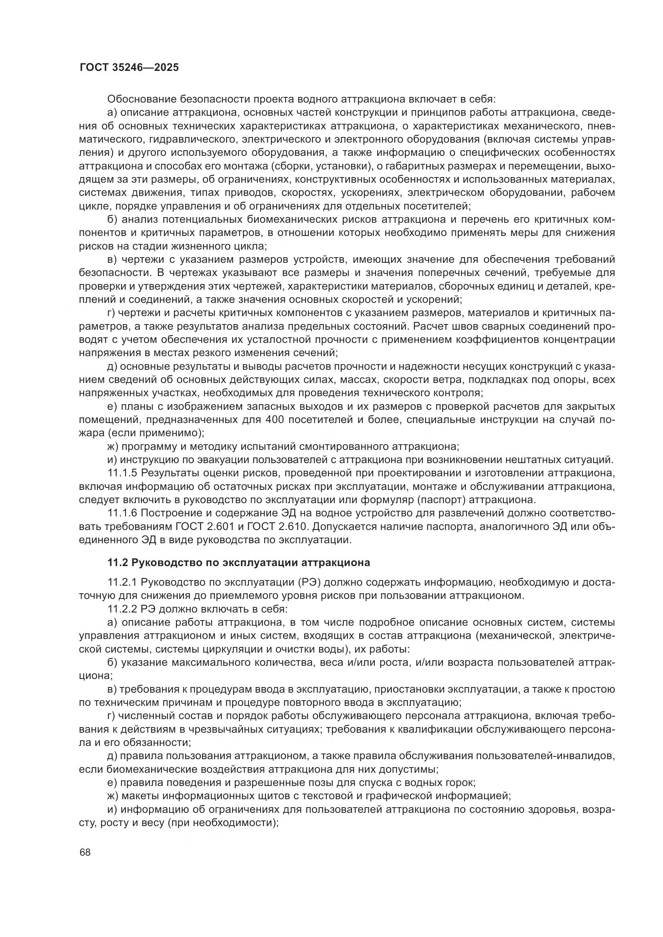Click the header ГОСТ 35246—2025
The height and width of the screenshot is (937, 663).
point(129,67)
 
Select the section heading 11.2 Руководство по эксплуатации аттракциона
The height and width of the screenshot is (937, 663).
point(239,563)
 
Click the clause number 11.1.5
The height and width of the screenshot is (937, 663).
point(124,474)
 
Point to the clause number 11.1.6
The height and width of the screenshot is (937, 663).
point(124,514)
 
